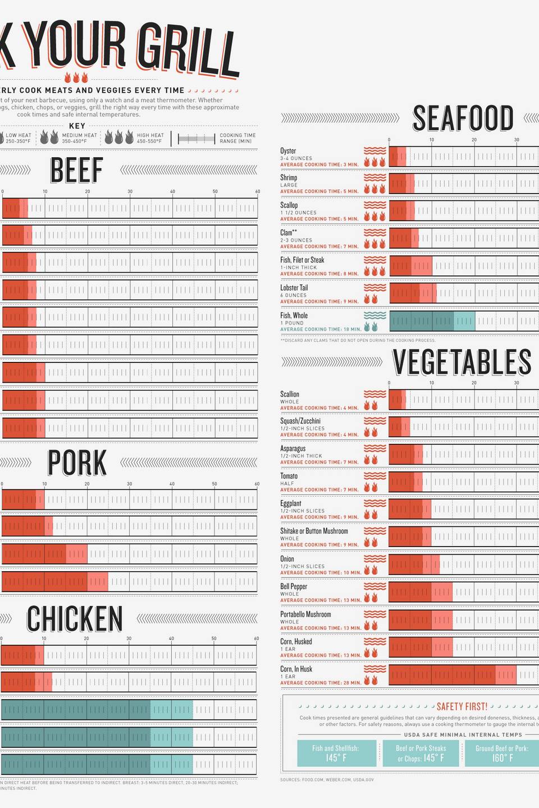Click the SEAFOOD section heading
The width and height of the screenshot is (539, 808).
point(463,118)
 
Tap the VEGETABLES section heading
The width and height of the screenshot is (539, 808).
point(462,362)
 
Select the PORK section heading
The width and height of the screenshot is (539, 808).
point(77,463)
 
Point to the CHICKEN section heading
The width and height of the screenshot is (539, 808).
point(75,619)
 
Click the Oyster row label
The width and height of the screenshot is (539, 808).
point(288,151)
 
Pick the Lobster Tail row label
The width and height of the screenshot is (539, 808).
point(294,288)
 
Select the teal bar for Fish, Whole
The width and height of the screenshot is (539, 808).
point(432,322)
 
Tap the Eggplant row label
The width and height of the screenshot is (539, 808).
point(290,503)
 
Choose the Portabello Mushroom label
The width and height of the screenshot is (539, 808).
point(305,614)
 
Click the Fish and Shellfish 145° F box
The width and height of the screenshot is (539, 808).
point(336,753)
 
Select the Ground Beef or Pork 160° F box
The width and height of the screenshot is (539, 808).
point(501,753)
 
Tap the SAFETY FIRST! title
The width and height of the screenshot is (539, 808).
point(462,706)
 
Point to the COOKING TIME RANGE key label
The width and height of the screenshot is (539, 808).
point(237,138)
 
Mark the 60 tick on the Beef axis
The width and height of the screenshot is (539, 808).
point(258,192)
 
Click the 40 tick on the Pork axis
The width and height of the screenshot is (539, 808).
point(172,484)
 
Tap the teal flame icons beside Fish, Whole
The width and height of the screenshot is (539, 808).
point(371,327)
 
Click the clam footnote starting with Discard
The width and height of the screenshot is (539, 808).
point(358,340)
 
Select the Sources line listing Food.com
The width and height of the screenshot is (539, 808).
point(327,779)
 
